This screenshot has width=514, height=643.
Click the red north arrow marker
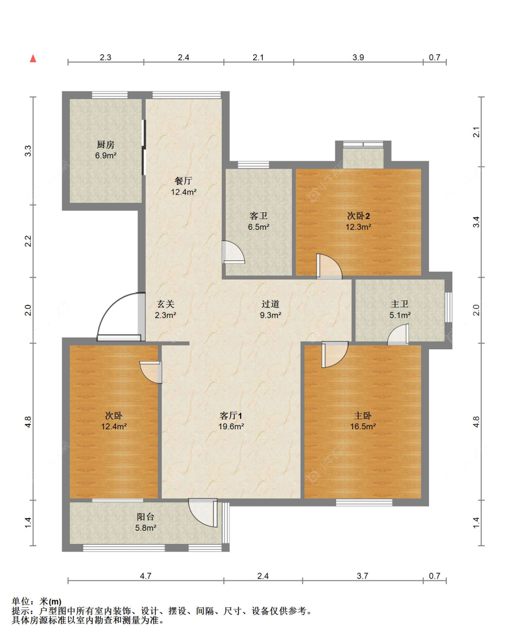pos(33,58)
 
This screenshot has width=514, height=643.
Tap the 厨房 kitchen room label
pos(106,145)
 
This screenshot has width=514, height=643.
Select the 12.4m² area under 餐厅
pos(184,192)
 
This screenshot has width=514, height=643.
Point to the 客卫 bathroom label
pos(258,216)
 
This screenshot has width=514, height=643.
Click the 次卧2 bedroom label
pos(358,216)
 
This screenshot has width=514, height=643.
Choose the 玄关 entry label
pos(165,304)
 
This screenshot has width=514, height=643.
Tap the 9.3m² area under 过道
pos(270,315)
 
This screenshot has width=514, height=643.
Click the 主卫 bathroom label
pos(400,304)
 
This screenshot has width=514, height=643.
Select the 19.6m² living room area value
pos(231,427)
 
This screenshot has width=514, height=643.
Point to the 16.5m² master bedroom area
pos(363,427)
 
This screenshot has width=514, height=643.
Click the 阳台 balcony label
pos(145,517)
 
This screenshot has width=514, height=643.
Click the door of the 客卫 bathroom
pos(233,253)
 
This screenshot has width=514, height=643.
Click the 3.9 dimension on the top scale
pos(358,58)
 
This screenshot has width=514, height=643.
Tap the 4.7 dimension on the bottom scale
pos(146,576)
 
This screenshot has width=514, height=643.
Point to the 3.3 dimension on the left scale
pos(28,151)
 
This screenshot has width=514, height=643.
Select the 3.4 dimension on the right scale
pos(477,221)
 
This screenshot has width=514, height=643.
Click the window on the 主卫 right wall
pos(448,307)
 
